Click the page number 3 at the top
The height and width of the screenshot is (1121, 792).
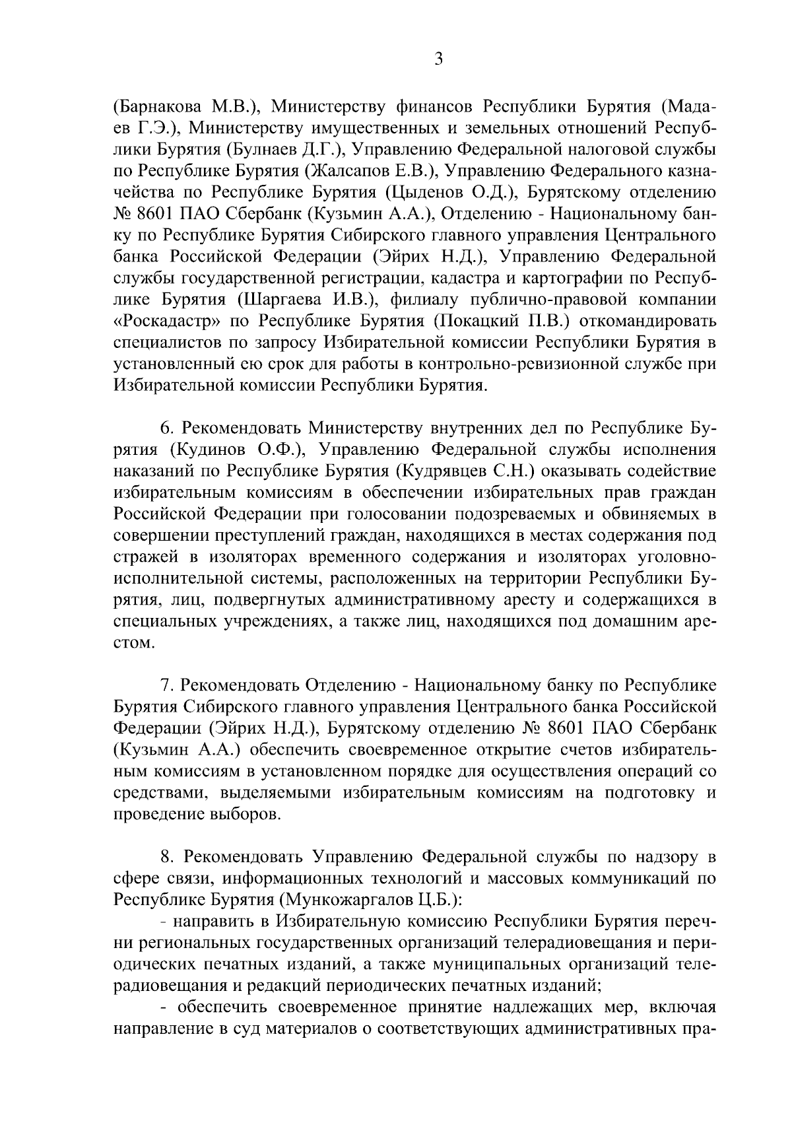(438, 59)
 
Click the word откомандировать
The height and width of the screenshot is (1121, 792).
(645, 322)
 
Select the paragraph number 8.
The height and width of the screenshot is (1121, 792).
(166, 858)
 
